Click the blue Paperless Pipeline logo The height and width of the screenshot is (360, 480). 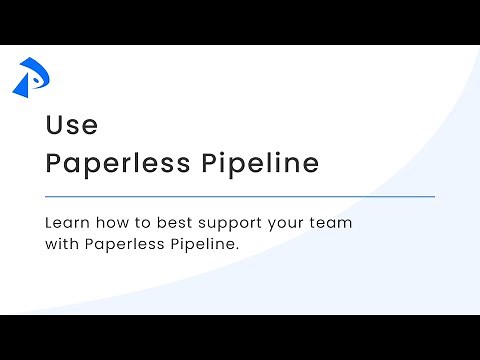pos(31,77)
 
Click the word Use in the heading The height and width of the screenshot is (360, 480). pos(71,126)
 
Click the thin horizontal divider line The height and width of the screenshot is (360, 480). pos(240,197)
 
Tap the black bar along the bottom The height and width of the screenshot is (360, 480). pos(240,337)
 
